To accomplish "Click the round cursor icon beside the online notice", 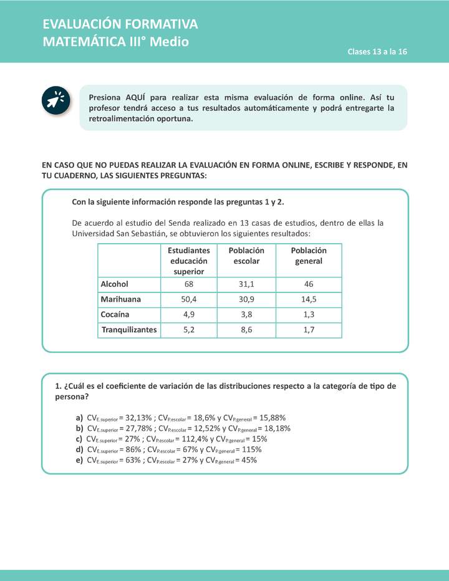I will click(x=55, y=100).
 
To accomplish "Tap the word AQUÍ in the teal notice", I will click(x=136, y=97).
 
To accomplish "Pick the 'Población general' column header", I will click(x=309, y=256).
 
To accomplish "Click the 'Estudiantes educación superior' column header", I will click(x=188, y=261).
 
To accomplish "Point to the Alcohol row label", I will click(x=115, y=284).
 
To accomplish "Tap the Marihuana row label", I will click(x=121, y=299).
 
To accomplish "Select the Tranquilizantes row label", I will click(x=129, y=330).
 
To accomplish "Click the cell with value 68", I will click(x=188, y=284).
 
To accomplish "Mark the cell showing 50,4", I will click(x=188, y=299).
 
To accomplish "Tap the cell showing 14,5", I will click(x=309, y=299).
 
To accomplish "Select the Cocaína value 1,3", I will click(x=309, y=314).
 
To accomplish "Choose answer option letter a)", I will click(x=79, y=418).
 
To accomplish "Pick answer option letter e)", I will click(x=79, y=460).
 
